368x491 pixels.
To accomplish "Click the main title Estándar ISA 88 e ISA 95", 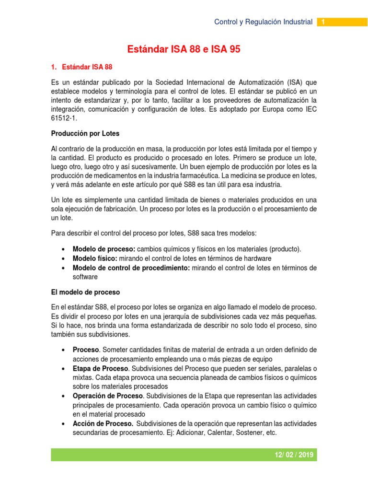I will (x=184, y=49).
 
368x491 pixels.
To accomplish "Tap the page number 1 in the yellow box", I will (x=323, y=22).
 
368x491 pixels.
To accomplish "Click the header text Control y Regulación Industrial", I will (x=263, y=22).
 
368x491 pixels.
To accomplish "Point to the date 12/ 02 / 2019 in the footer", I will (x=291, y=455).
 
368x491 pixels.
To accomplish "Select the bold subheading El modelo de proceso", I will (x=85, y=292).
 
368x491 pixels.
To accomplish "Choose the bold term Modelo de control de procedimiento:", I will (x=131, y=268).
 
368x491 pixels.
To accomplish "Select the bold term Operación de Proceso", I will (x=108, y=396).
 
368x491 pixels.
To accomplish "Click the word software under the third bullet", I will (x=85, y=277).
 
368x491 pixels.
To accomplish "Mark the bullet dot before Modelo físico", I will (x=64, y=258).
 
